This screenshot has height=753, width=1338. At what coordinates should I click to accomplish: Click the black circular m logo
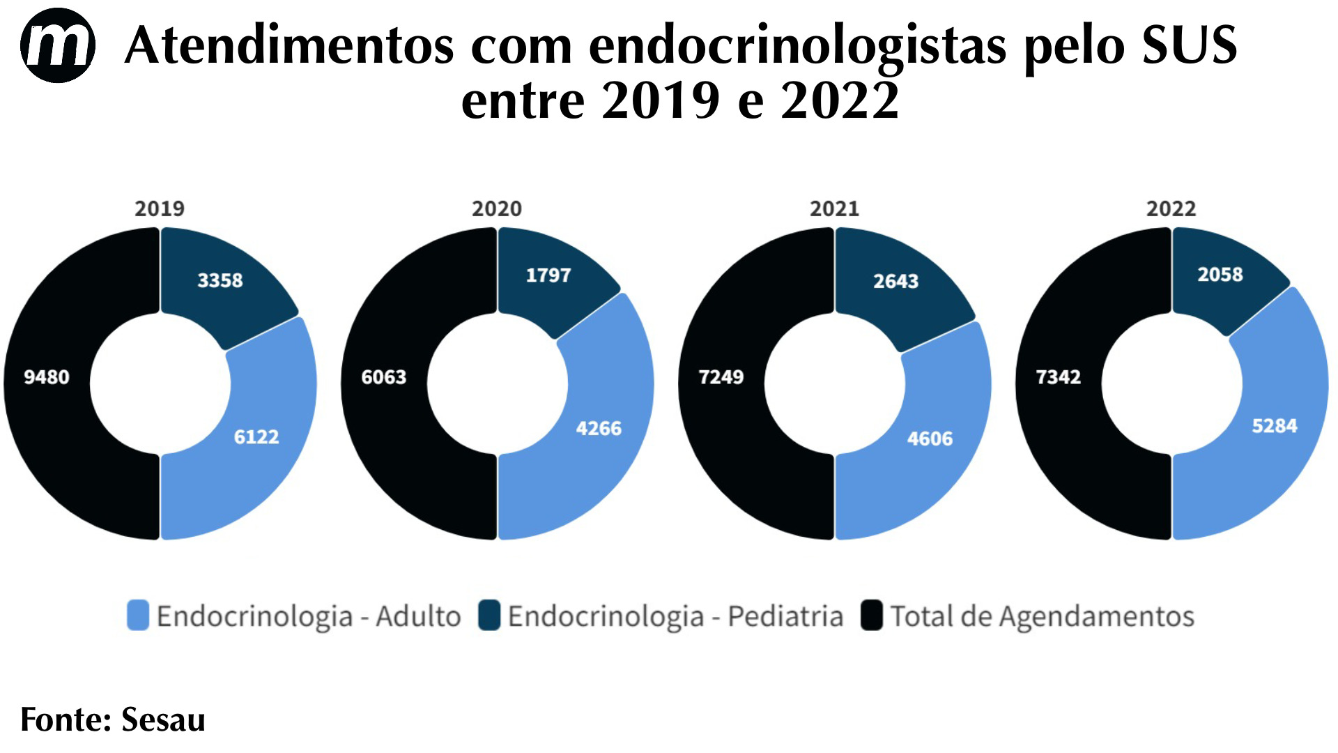coord(57,45)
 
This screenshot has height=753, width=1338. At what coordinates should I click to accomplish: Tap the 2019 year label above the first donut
coord(160,208)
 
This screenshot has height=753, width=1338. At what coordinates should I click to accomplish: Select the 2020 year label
coord(497,208)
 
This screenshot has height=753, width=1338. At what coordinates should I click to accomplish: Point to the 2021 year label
coord(834,208)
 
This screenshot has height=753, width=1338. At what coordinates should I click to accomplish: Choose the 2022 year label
coord(1171,208)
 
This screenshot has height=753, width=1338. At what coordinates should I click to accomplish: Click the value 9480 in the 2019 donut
coord(47,377)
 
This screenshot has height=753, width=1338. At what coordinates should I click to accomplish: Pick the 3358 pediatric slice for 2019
coord(220,280)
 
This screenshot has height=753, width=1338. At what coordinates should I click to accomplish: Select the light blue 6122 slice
coord(256,437)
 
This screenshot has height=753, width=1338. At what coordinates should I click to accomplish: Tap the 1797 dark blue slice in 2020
coord(548,275)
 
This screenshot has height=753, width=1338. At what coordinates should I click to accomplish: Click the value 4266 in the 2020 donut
coord(599,428)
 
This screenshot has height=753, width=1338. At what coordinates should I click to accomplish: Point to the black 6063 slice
coord(384,377)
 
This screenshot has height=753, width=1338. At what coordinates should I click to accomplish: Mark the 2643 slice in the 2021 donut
coord(896,281)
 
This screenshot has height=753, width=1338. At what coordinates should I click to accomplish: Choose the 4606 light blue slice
coord(930,439)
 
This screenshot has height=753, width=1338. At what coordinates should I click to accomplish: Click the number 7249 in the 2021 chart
coord(721,377)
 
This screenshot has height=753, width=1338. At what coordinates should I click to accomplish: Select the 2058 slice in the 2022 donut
coord(1220,274)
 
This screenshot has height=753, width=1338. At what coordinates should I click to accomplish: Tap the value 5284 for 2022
coord(1275,426)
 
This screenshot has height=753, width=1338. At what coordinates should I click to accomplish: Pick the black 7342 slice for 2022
coord(1059,377)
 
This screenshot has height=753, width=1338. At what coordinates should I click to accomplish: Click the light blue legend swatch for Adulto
coord(138,616)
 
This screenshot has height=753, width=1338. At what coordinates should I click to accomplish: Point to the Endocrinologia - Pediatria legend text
coord(675,616)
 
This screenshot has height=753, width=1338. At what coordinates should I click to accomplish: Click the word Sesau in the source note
coord(163,720)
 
